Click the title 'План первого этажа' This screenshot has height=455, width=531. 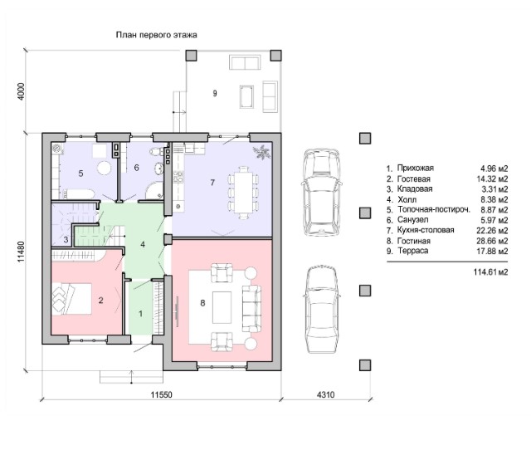pos(157,35)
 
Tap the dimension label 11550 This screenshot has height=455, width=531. pos(162,394)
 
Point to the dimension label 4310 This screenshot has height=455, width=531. pos(325,394)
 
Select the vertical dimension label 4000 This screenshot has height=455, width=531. pos(21,91)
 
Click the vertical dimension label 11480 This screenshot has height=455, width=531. pos(21,252)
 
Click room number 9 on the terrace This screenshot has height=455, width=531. pos(215,93)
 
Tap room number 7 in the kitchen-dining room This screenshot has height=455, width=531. pos(212,183)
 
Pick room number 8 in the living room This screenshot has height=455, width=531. pos(202,303)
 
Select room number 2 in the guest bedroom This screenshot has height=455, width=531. pos(100,301)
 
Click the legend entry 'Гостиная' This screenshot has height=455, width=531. pos(413,241)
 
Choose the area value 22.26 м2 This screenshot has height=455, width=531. pos(491,231)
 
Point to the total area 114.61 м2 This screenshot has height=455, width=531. pos(491,272)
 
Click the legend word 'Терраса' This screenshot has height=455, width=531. pos(413,251)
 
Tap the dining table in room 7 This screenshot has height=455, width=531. pos(243,192)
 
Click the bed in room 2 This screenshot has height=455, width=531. pos(71,299)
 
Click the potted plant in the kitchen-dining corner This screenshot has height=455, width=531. pos(262,152)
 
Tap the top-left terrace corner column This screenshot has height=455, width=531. pos(192,56)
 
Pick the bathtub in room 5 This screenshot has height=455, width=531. pos(77,194)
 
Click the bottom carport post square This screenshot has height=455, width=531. pos(365,365)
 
